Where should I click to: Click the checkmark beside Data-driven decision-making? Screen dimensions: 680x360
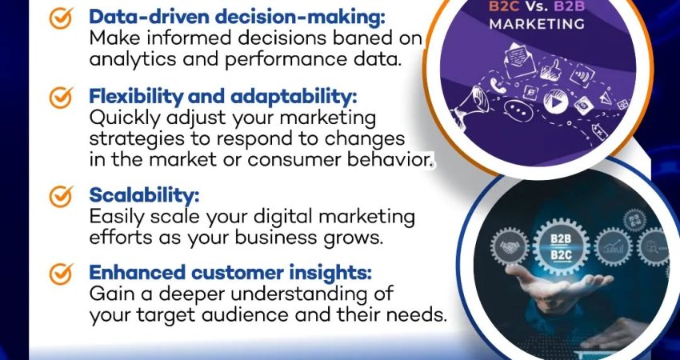click(x=61, y=19)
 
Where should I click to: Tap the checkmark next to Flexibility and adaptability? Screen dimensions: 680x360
click(x=61, y=98)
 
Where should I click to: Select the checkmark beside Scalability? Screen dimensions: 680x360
click(x=61, y=197)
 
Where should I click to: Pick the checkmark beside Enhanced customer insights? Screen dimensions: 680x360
click(x=61, y=274)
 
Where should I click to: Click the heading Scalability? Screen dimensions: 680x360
click(x=144, y=196)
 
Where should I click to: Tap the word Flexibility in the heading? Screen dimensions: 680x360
click(x=136, y=97)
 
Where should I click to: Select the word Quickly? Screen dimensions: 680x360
click(x=125, y=118)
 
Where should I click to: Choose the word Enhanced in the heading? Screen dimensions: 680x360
click(x=137, y=272)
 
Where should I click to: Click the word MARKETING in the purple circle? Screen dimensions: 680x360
click(x=537, y=24)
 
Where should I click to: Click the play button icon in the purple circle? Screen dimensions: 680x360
click(x=555, y=102)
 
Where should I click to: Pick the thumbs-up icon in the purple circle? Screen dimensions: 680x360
click(x=551, y=70)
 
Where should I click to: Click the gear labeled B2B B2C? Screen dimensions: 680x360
click(x=561, y=246)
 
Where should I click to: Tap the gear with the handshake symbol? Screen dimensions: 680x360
click(x=510, y=246)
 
